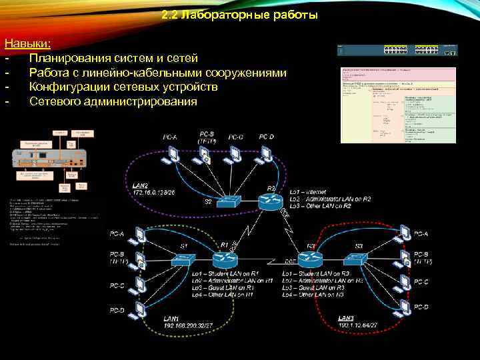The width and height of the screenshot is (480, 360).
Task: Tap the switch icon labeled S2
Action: tap(233, 202)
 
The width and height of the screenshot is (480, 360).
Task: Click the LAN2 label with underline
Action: tap(141, 185)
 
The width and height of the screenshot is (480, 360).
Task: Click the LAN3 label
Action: tap(346, 318)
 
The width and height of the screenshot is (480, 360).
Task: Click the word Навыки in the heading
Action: tap(27, 43)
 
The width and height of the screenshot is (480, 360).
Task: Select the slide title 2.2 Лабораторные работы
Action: tap(239, 15)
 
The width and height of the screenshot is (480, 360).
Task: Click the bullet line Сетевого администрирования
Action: tap(113, 101)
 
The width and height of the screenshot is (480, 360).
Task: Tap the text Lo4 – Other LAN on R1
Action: tap(230, 294)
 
